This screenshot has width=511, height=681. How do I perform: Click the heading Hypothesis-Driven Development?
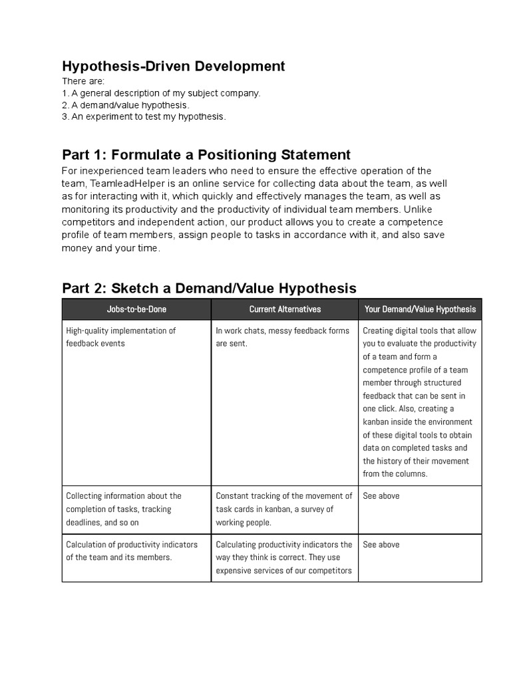[173, 66]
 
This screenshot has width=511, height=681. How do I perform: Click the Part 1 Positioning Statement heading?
[206, 155]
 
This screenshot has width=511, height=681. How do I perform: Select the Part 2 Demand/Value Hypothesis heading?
[209, 288]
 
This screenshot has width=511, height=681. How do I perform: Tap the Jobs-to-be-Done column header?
[136, 309]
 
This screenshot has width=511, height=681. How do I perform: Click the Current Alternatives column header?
[285, 309]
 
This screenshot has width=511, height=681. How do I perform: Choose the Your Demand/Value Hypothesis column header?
[420, 309]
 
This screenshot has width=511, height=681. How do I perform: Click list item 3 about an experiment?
[144, 117]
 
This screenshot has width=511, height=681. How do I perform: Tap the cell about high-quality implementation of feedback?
[120, 337]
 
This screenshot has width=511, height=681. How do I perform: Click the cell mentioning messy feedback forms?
[282, 337]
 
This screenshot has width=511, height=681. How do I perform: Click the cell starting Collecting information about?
[123, 509]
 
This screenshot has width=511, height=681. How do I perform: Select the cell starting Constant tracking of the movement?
[284, 509]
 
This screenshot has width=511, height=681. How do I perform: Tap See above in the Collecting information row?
[381, 496]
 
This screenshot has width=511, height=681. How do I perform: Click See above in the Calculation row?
[381, 545]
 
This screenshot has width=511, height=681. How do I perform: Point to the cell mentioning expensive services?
[284, 557]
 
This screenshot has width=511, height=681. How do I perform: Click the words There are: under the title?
[79, 81]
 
